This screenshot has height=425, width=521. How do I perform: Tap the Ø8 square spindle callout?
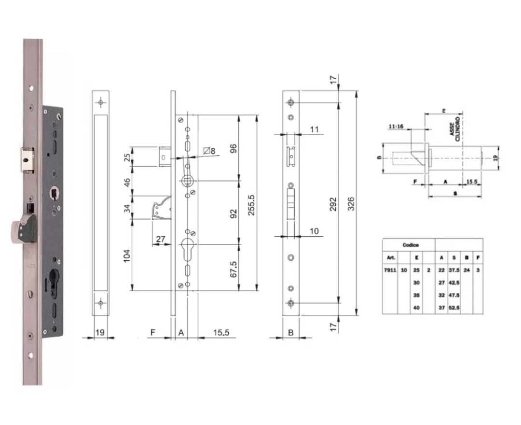[x=209, y=152]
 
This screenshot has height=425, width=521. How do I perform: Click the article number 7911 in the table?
[x=390, y=270]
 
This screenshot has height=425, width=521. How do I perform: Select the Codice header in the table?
[x=411, y=245]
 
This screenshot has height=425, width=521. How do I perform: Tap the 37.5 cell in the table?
[x=453, y=270]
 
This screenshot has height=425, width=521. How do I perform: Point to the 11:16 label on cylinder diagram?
[x=395, y=126]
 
